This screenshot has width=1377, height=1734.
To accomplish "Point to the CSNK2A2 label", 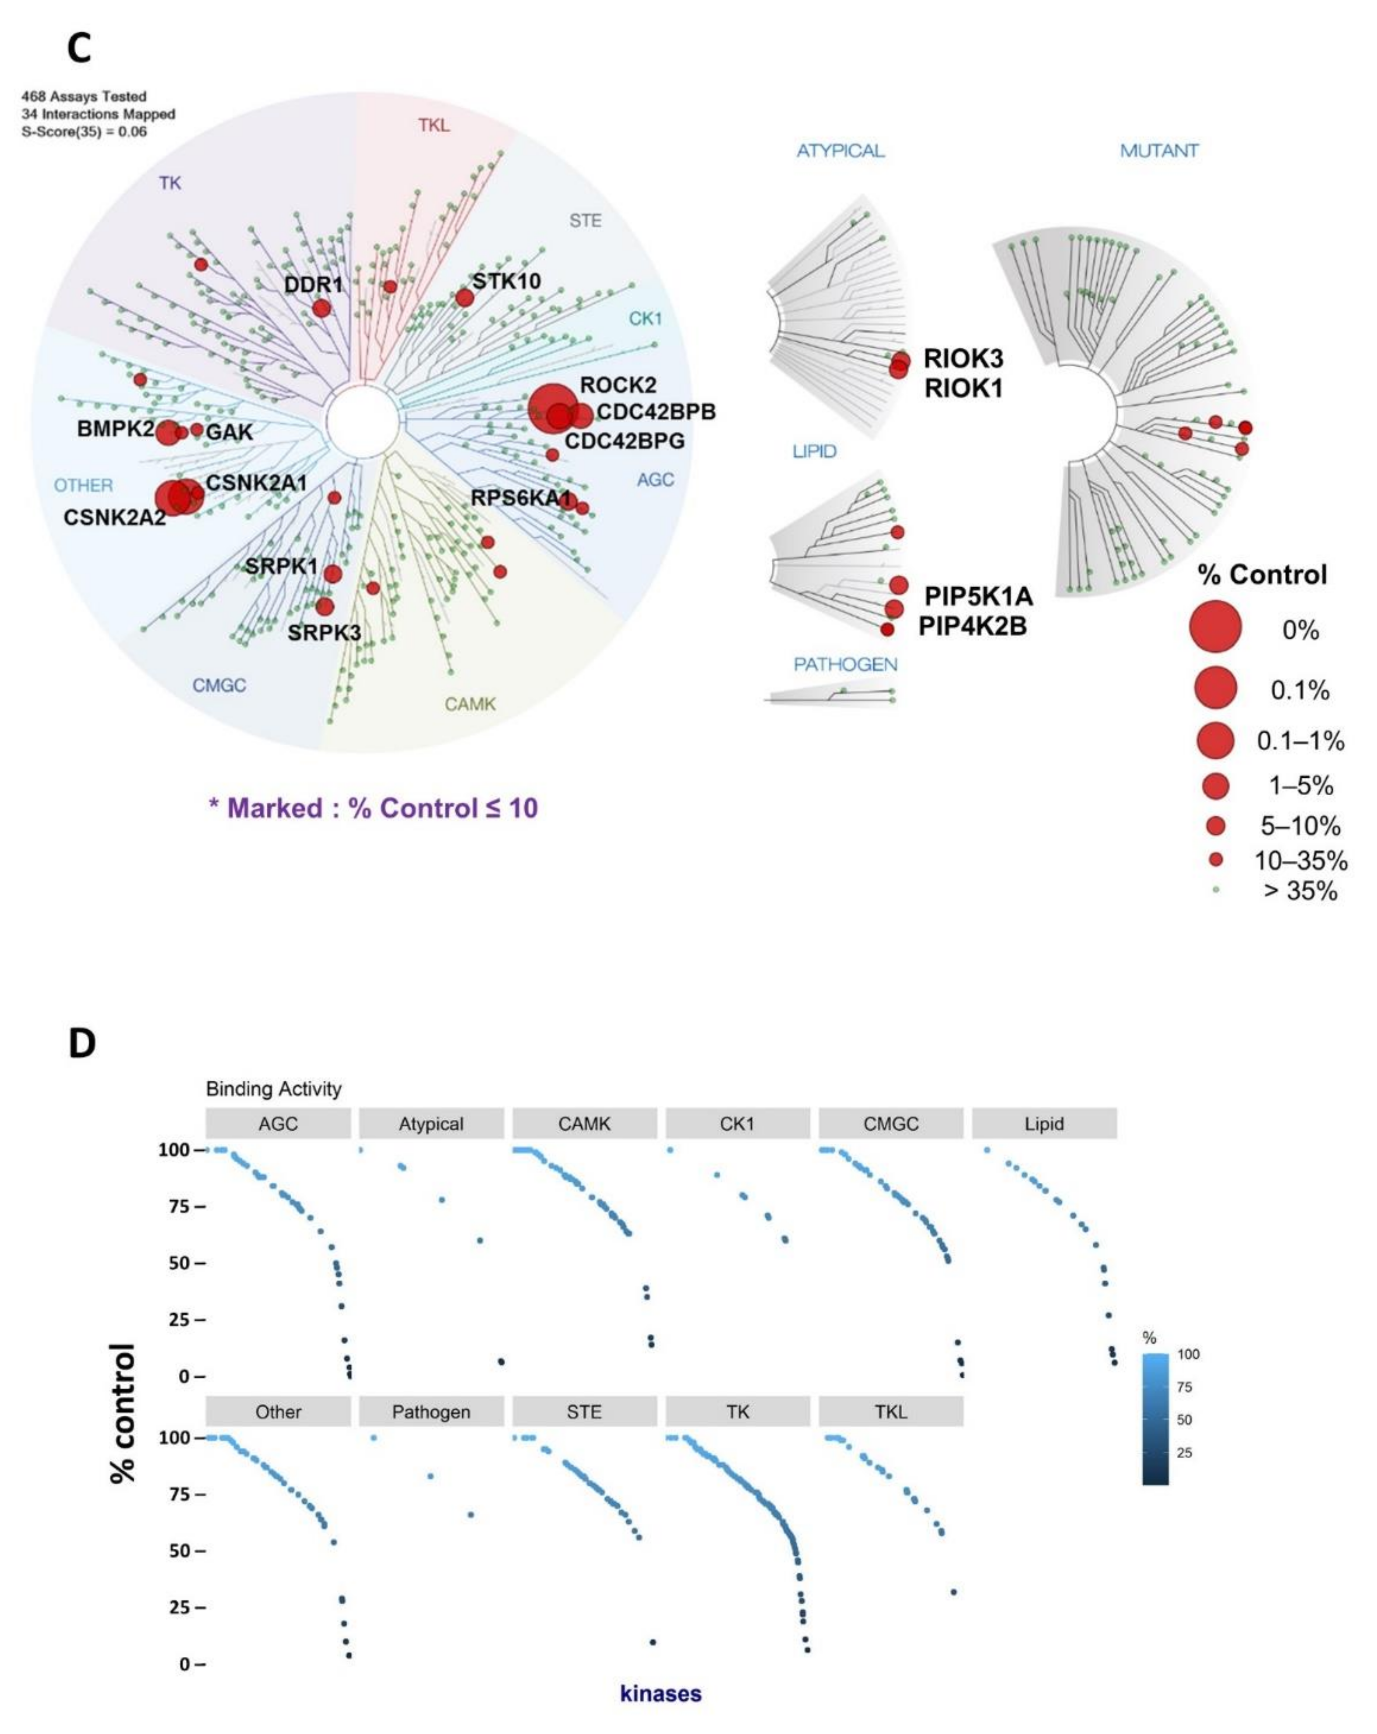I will [114, 517].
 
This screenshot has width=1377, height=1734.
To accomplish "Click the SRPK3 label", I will [324, 633].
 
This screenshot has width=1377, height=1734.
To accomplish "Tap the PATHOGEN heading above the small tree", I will [844, 664].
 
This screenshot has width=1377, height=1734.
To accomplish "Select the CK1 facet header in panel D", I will [737, 1124].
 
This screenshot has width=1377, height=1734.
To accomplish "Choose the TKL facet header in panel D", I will [890, 1411].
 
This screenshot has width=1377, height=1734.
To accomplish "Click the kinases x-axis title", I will [660, 1693].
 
